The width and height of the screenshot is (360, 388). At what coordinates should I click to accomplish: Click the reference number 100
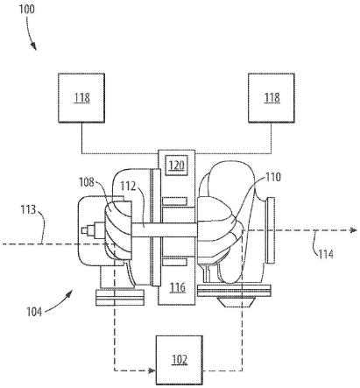coord(27,10)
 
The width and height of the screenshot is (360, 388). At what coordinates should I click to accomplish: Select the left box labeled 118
coord(81,98)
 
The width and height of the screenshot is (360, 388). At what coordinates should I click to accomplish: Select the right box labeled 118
coord(272,98)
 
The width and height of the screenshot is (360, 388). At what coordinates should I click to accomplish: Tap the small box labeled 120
coord(177,166)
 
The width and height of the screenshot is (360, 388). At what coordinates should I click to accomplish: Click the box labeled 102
coord(180,360)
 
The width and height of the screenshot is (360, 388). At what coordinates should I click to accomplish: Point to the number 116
coord(178,287)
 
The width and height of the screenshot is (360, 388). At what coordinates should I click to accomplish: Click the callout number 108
coord(87,182)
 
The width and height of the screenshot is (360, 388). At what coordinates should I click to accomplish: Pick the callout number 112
coord(129,187)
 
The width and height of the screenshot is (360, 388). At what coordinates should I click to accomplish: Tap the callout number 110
coord(273,177)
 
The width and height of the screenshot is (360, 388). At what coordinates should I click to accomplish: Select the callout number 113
coord(28,209)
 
